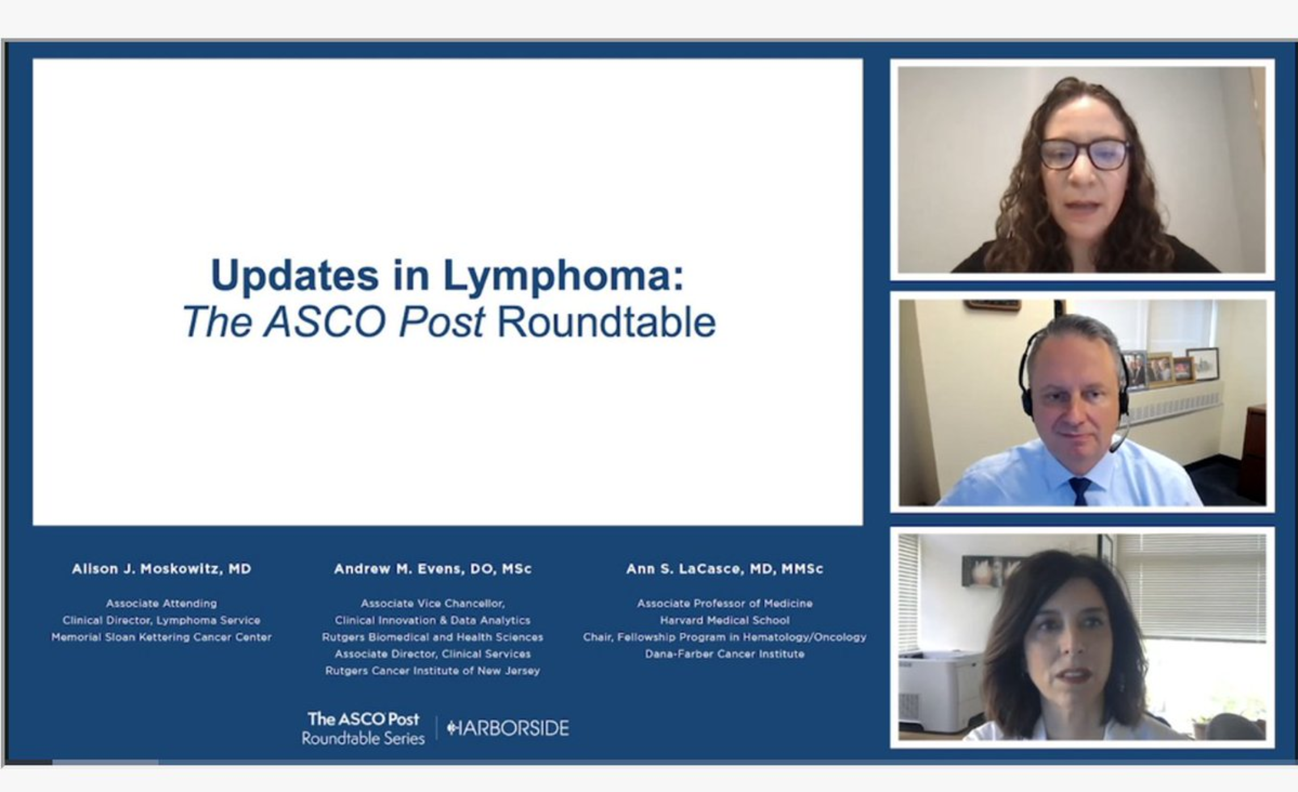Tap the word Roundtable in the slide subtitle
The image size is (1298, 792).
tap(606, 322)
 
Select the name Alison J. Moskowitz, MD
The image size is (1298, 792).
tap(161, 569)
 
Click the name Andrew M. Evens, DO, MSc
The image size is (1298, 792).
tap(433, 569)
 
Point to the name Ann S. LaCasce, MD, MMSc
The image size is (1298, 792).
tap(725, 569)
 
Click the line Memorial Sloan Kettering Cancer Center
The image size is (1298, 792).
tap(161, 637)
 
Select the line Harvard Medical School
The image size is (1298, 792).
tap(725, 620)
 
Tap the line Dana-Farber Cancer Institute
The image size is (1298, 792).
tap(725, 654)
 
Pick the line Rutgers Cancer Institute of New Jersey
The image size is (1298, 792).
tap(433, 671)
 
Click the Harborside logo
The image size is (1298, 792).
tap(508, 728)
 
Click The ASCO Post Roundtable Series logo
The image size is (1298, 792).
tap(363, 728)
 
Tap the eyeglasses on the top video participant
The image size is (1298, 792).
tap(1084, 154)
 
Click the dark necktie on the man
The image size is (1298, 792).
tap(1079, 491)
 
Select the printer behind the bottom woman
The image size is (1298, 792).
tap(940, 692)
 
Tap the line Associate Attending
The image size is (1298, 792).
tap(161, 603)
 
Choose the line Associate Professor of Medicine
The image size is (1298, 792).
tap(725, 603)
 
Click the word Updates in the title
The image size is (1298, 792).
tap(295, 277)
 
